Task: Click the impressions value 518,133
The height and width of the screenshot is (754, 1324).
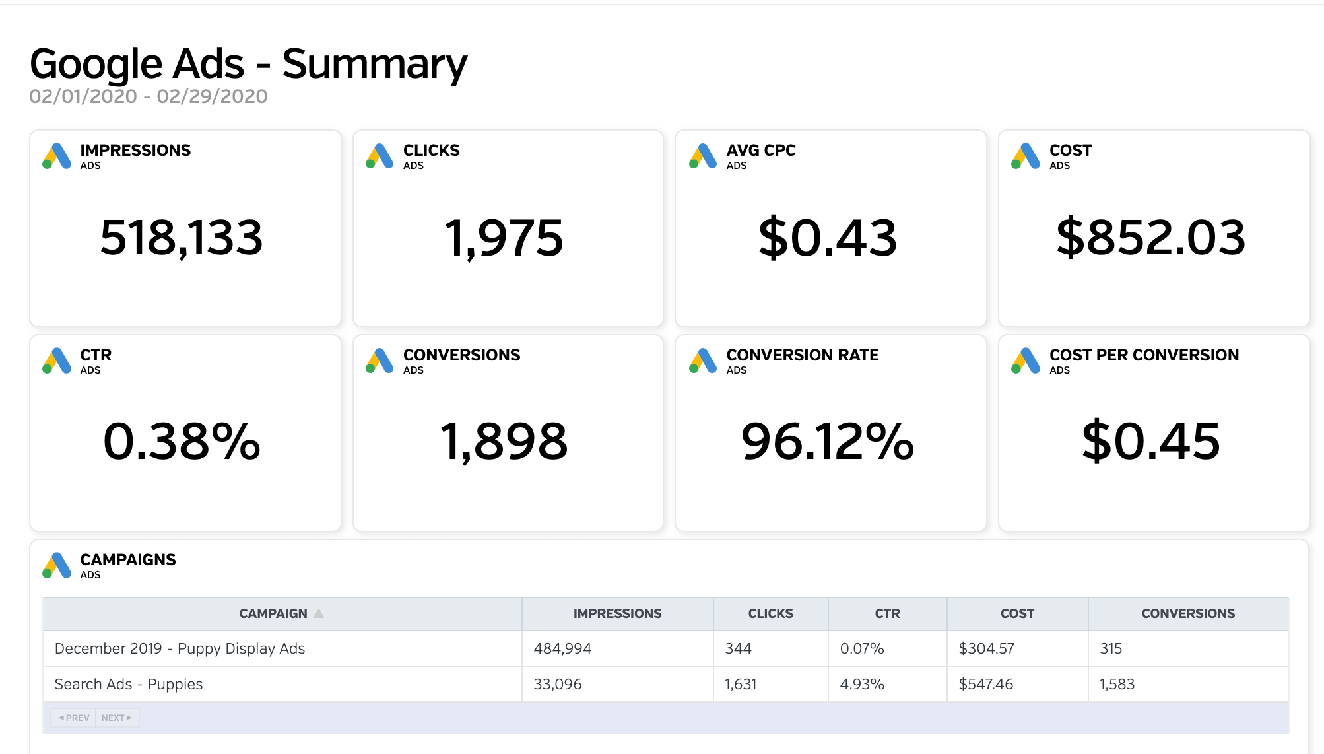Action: point(182,238)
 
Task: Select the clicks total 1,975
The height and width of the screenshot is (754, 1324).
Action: point(504,238)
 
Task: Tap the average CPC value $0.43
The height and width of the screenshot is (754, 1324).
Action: point(828,238)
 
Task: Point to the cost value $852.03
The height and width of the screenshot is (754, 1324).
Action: point(1151,238)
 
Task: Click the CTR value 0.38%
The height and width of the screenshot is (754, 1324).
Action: point(182,442)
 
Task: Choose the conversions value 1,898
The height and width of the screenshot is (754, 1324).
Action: point(504,442)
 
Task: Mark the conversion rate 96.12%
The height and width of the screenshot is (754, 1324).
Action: point(828,442)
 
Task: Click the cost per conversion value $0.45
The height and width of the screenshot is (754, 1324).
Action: point(1151,442)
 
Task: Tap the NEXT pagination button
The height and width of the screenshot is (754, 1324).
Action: point(117,718)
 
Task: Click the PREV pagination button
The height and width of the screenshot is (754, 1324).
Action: point(74,718)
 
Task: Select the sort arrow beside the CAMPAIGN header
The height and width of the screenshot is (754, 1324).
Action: point(319,613)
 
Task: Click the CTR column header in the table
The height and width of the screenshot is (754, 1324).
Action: point(887,613)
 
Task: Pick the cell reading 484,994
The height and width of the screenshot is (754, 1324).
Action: point(562,648)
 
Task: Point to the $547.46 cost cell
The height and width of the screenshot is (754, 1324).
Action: point(985,684)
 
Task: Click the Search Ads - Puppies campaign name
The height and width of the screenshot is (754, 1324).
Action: point(129,684)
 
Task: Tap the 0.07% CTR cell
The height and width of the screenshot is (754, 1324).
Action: point(861,648)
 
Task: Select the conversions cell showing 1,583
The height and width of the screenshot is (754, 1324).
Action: point(1117,684)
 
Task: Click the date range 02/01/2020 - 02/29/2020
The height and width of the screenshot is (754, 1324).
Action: point(149,96)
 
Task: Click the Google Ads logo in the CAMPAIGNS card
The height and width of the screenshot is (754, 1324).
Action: point(57,565)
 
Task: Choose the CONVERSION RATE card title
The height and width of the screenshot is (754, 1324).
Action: point(802,355)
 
